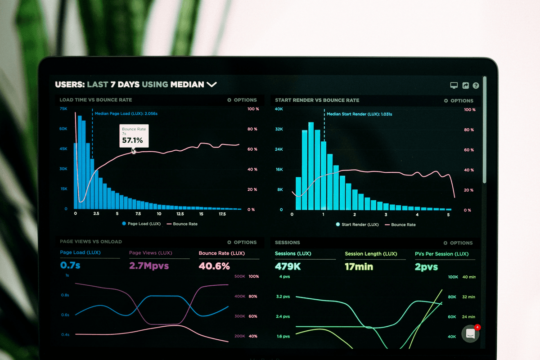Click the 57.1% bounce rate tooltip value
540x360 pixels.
[132, 140]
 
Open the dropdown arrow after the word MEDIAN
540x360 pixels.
[211, 84]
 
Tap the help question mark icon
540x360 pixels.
[476, 85]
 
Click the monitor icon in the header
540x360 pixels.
[454, 85]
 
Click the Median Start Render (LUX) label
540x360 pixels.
[359, 114]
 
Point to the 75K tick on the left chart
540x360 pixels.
[63, 109]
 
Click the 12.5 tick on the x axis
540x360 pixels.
[180, 214]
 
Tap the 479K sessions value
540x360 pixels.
[288, 266]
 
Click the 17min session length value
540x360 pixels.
[359, 266]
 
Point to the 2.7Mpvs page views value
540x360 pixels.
[148, 265]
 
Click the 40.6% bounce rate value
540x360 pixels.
[214, 266]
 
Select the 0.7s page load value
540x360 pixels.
[70, 265]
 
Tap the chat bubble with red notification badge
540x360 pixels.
[470, 333]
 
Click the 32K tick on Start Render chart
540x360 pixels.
[279, 129]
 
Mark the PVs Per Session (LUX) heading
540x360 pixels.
[441, 254]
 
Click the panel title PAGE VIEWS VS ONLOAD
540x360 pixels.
[91, 242]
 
